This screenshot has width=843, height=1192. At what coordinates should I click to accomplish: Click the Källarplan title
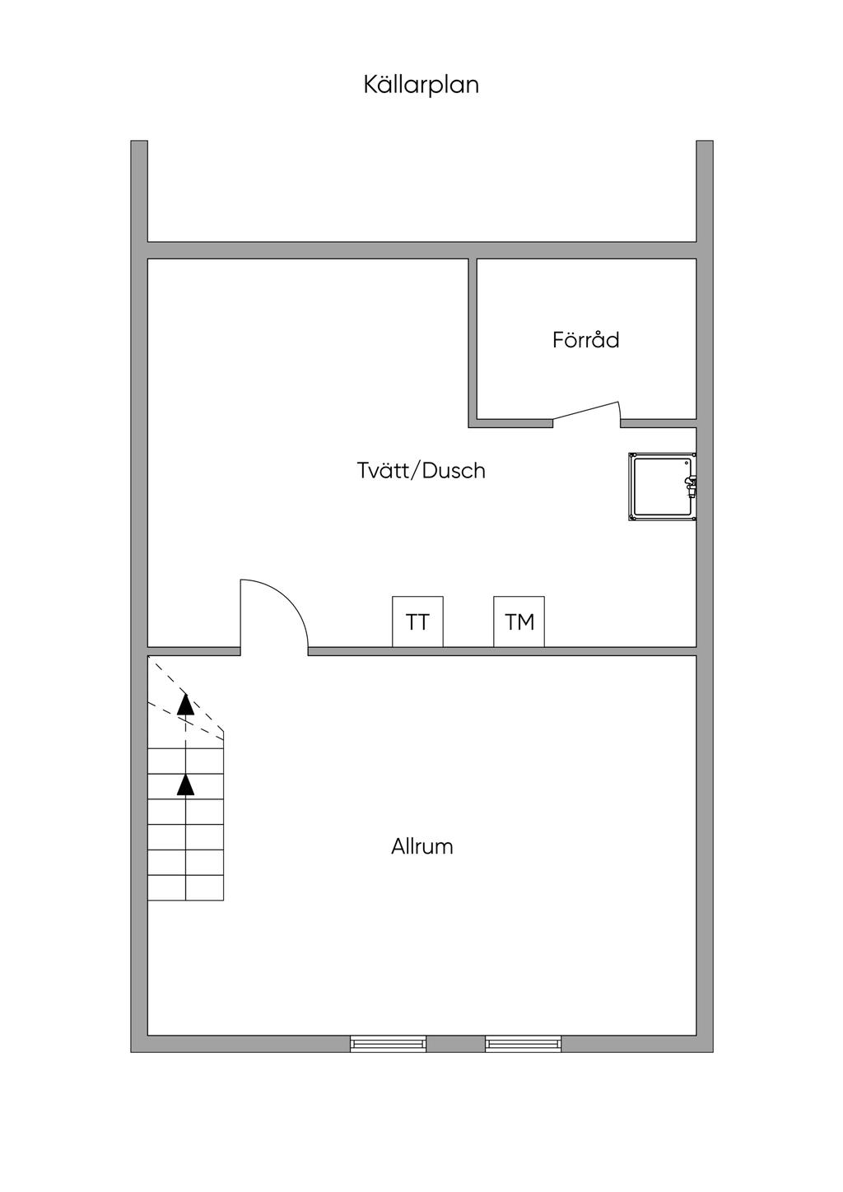(x=421, y=85)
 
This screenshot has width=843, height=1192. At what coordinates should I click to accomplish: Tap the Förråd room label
(x=585, y=339)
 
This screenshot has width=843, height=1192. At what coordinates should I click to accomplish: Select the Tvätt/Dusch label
(x=421, y=470)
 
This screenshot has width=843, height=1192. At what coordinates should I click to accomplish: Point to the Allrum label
(x=422, y=846)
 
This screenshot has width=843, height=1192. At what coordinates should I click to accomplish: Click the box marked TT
(x=417, y=622)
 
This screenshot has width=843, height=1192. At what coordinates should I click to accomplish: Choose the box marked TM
(x=519, y=622)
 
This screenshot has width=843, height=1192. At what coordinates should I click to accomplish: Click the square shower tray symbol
(x=663, y=487)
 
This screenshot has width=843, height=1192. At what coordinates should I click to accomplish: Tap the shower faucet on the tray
(x=690, y=487)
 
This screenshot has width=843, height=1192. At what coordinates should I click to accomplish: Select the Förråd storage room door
(x=586, y=414)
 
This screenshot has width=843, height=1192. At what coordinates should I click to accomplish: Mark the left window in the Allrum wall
(x=388, y=1044)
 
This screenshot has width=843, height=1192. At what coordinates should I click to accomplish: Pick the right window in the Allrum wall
(x=523, y=1044)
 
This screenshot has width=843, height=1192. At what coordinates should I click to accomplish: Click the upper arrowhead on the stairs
(x=185, y=704)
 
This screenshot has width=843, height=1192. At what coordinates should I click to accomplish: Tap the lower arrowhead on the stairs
(x=185, y=785)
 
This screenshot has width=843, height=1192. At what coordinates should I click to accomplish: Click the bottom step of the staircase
(x=186, y=887)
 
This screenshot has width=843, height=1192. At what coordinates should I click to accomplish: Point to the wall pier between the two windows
(x=455, y=1044)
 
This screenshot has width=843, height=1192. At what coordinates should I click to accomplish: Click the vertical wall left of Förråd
(x=473, y=343)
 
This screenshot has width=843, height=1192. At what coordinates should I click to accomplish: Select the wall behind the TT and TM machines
(x=502, y=651)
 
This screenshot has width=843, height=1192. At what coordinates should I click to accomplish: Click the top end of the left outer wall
(x=139, y=141)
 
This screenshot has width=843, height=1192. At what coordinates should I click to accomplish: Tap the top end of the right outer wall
(x=705, y=141)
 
